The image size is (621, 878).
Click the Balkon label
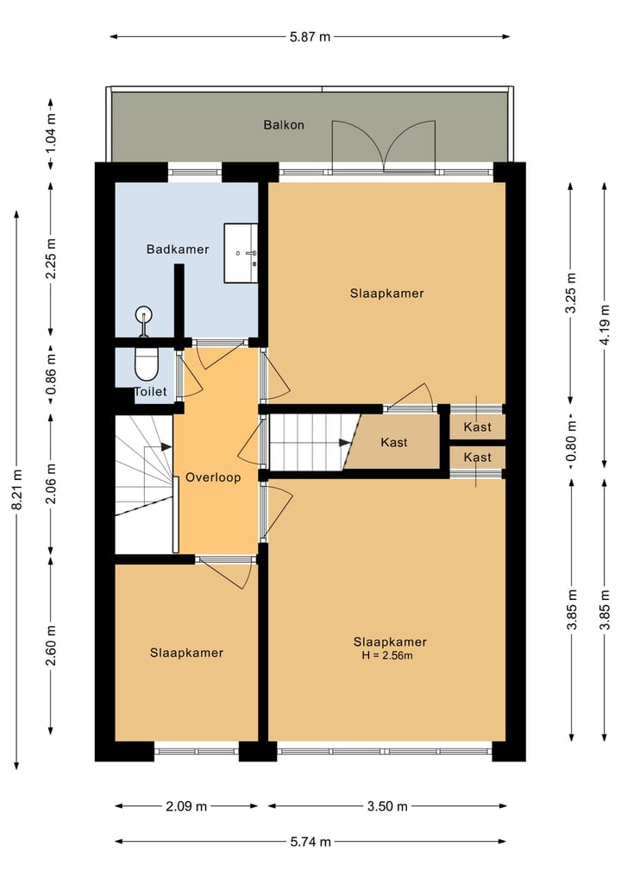tap(284, 125)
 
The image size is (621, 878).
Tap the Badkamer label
tap(178, 250)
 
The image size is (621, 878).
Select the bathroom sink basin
tap(241, 253)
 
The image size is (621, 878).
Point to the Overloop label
tap(213, 477)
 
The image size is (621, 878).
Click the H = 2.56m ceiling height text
tap(387, 655)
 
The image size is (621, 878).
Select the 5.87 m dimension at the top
tap(310, 37)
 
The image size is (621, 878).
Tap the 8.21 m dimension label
tap(16, 490)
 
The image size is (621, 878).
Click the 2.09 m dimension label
tap(186, 806)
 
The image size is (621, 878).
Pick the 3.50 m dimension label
tap(387, 806)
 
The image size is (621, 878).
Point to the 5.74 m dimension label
tap(310, 842)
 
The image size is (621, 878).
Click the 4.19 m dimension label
tap(605, 325)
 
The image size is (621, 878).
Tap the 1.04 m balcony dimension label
tap(51, 133)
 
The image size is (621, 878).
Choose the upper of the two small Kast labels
tap(477, 427)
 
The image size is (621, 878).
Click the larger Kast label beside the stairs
tap(394, 442)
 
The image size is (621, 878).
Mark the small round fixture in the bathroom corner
tap(144, 314)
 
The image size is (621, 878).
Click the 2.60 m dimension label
tap(51, 646)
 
